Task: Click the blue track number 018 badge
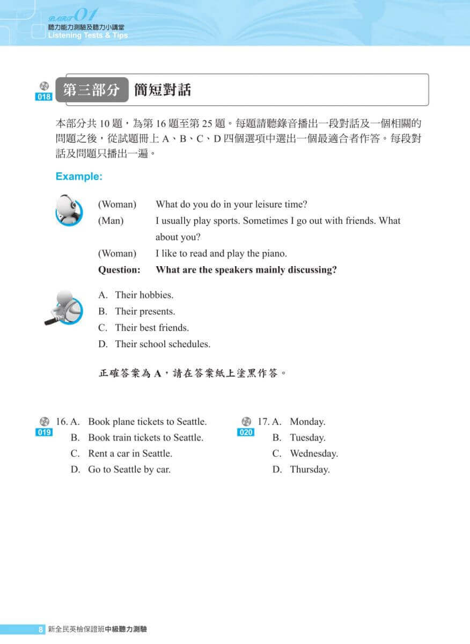click(x=44, y=97)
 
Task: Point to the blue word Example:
click(x=79, y=176)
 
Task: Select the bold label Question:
click(x=119, y=270)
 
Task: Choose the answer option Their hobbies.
click(x=144, y=295)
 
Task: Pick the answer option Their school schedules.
click(x=163, y=344)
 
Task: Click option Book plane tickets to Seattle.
click(x=147, y=422)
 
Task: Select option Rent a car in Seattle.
click(x=130, y=453)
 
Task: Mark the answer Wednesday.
click(x=314, y=453)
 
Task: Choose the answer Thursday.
click(x=310, y=470)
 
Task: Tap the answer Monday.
click(x=307, y=422)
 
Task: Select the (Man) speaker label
click(x=111, y=221)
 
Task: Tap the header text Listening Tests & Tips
click(x=88, y=35)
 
